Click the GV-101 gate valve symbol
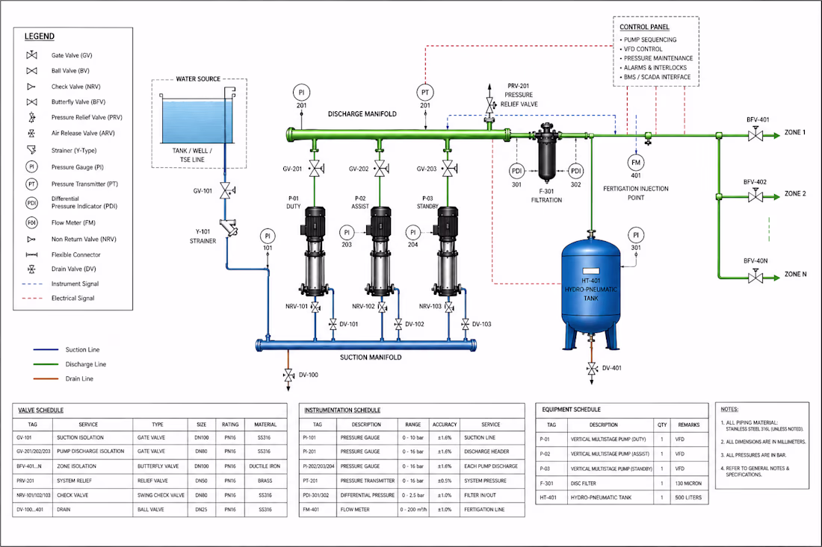pos(226,191)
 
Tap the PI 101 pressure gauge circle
pos(268,236)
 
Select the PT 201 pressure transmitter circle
pos(425,93)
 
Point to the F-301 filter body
pos(546,151)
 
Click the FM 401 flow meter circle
pos(636,163)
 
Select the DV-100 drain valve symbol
pos(288,375)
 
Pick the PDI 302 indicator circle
pos(575,171)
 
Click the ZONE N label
pos(795,275)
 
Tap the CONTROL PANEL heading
pos(644,27)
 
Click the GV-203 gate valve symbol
pos(449,169)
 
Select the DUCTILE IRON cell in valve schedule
pos(265,466)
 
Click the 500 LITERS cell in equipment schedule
pos(687,497)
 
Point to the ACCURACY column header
pos(445,425)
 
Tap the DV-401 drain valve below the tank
pos(592,369)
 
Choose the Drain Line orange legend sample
pos(46,378)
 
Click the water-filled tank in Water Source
pos(197,122)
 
